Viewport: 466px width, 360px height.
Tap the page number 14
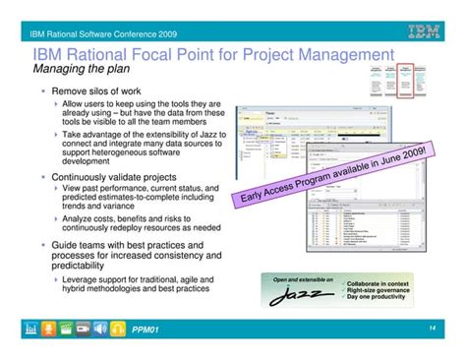point(433,329)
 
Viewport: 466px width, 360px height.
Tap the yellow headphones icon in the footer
point(119,329)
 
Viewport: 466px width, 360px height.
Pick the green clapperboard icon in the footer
point(64,329)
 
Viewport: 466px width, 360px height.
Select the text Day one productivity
point(376,297)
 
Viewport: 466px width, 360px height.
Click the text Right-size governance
point(377,288)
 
